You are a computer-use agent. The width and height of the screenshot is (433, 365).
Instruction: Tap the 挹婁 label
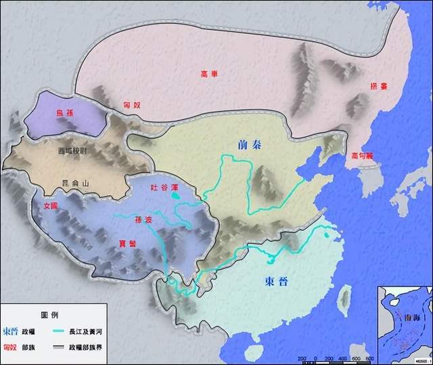tap(380, 87)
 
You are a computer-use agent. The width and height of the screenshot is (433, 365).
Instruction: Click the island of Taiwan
tap(342, 296)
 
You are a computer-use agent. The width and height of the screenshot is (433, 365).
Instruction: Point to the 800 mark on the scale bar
tap(368, 358)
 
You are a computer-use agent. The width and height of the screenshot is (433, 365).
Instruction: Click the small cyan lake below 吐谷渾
tap(176, 196)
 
